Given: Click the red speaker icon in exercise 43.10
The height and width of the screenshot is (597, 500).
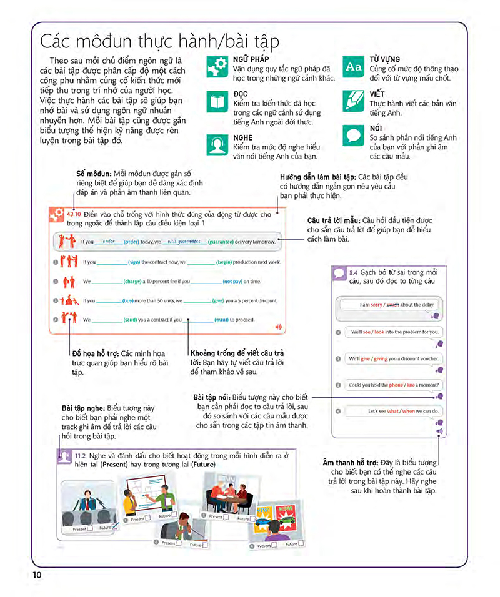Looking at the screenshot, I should point(278,326).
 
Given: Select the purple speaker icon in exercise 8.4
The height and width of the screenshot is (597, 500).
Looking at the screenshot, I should point(439,431).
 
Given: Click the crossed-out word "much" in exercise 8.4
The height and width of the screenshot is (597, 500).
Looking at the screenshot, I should point(392,305).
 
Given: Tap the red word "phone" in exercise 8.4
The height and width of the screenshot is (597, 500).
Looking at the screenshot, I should point(396,385).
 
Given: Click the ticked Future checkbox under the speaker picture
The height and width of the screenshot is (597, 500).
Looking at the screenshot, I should point(115,528).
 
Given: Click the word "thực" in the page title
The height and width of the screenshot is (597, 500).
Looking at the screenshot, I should point(128,42).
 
